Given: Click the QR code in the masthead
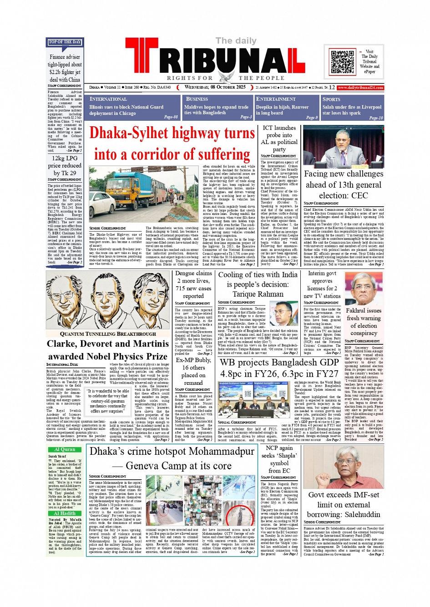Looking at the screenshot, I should coord(343,62).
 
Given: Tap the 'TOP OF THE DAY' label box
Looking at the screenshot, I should coord(65,42).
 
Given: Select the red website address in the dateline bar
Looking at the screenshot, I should coord(360,87).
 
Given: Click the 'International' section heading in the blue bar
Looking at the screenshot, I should coord(108,99).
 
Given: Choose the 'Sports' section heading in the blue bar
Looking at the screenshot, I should coord(331,99).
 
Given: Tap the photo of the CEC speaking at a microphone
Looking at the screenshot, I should coord(343,146).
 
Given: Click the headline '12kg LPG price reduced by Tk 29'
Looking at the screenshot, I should coord(65,165).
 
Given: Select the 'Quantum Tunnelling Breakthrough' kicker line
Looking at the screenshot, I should coord(108,334).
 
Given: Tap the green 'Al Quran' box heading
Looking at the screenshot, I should coord(65,449).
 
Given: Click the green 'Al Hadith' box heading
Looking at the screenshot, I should coord(65,513).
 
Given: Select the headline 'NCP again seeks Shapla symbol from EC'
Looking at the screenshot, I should coord(279,459).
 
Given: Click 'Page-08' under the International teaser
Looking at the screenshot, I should coord(171,117).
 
